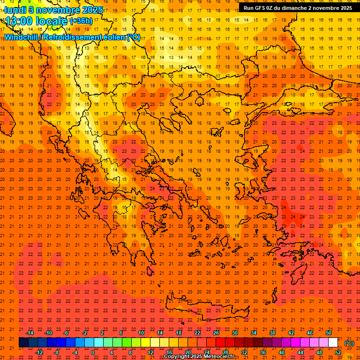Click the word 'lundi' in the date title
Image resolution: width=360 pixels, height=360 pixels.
point(15,9)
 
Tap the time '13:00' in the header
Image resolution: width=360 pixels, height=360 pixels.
point(19,21)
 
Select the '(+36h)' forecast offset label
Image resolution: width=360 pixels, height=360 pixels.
point(81,21)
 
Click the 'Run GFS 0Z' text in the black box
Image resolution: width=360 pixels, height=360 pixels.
point(259,8)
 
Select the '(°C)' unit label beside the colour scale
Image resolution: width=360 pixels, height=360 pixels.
point(349,343)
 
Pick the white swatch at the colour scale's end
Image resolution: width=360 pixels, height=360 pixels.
point(333,343)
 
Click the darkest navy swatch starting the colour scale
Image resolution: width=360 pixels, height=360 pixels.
point(23,343)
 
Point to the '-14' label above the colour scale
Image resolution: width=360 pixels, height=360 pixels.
point(30,333)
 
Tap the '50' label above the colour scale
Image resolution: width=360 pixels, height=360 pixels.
point(329,333)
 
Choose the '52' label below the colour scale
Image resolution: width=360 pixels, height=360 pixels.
point(338,352)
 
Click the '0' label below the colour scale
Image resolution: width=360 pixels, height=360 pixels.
point(93,352)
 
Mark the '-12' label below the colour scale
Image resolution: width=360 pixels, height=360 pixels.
point(39,352)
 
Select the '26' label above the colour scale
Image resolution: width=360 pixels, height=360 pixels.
point(216,333)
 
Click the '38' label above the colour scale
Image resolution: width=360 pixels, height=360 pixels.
point(272,333)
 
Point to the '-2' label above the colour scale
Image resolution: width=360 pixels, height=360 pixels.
point(85,333)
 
